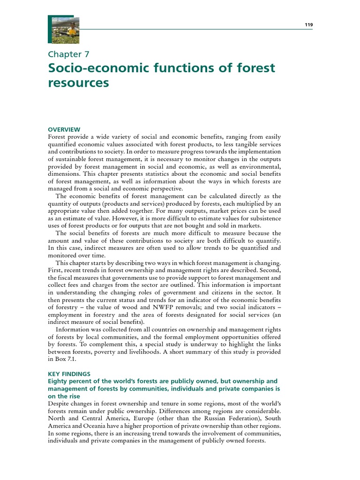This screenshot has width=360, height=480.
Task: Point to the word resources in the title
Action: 78,83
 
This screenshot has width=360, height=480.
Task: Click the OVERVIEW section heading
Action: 64,129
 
